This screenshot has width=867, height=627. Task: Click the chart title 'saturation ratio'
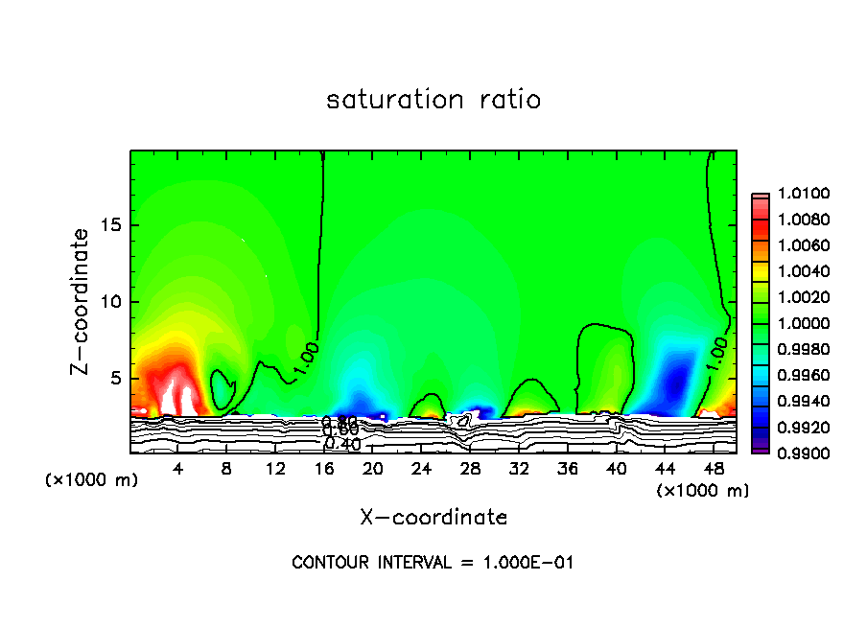point(433,100)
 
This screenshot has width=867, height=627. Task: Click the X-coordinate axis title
point(433,518)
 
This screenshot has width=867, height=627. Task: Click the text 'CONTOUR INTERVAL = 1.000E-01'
point(433,563)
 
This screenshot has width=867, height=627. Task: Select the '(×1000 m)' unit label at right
point(703,491)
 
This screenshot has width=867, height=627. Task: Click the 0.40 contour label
point(342,444)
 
